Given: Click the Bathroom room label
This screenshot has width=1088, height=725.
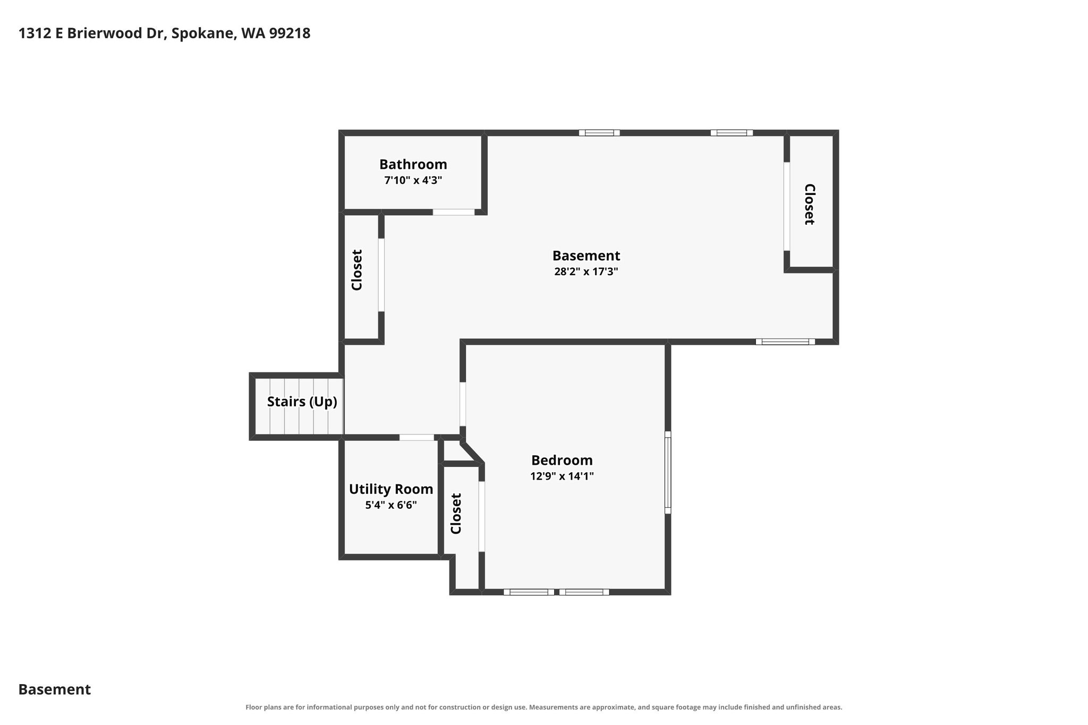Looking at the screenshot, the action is point(413,164).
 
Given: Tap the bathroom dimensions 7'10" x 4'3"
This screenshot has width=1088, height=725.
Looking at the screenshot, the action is point(413,181).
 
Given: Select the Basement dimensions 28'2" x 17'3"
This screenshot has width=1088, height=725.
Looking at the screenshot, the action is point(586,272).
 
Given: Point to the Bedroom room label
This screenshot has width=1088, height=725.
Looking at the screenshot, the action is point(562,460).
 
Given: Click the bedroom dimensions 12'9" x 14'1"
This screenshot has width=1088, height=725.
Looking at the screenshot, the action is point(562,476).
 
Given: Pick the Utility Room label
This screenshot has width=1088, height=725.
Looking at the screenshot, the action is point(391,489).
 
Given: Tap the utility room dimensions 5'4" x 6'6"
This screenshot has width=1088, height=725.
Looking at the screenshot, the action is point(391,505).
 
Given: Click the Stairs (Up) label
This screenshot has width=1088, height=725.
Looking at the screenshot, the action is point(302,402).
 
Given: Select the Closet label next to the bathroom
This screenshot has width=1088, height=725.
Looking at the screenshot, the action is point(357,270).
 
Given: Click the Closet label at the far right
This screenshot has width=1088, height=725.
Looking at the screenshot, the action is point(809,204).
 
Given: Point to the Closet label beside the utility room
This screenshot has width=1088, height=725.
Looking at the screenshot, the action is point(456,514).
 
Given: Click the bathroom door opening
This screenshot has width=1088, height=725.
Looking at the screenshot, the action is point(453,212).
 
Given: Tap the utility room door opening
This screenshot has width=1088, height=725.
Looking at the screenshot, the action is point(416,438).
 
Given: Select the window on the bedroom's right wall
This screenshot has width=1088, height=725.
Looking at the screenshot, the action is point(668,473).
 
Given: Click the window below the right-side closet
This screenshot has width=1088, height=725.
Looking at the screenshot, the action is point(785,342).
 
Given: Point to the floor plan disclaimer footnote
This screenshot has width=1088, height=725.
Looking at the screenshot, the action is point(543,707).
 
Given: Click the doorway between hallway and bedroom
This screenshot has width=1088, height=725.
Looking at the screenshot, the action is point(463,404).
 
